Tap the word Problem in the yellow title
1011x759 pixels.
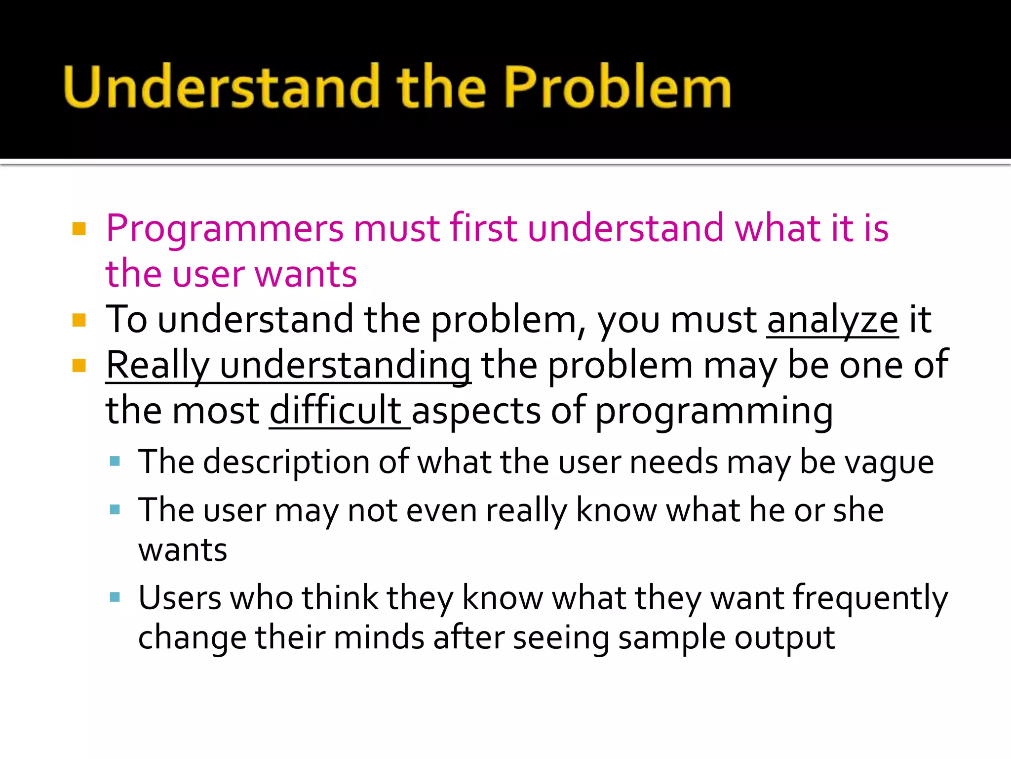click(x=617, y=86)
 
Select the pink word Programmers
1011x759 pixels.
click(x=225, y=228)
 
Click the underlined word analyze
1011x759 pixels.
click(x=832, y=320)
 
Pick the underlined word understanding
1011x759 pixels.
click(x=345, y=366)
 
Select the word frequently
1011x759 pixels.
click(x=871, y=598)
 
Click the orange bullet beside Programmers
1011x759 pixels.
click(x=79, y=229)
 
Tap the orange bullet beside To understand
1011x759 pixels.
click(x=79, y=321)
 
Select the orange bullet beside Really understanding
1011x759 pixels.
click(x=79, y=366)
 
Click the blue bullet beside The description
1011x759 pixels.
click(x=115, y=462)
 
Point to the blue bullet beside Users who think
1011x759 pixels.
click(x=115, y=597)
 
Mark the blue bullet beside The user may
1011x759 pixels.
click(x=115, y=509)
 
